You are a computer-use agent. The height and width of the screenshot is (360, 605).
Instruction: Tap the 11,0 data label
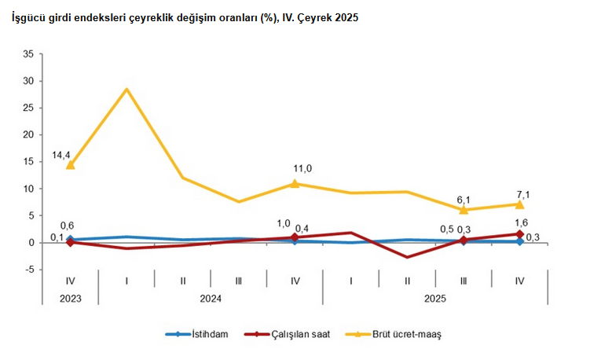pyautogui.click(x=303, y=168)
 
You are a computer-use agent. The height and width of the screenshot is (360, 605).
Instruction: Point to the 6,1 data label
pyautogui.click(x=463, y=200)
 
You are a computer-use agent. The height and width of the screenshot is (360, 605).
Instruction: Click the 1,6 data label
pyautogui.click(x=522, y=222)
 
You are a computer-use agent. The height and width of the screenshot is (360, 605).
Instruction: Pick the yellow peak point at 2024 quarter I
pyautogui.click(x=126, y=89)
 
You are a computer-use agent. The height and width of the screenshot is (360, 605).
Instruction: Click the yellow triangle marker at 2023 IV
pyautogui.click(x=71, y=165)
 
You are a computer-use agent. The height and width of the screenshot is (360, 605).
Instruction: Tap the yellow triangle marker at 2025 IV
pyautogui.click(x=519, y=204)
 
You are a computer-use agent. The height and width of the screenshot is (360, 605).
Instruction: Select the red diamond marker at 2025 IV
pyautogui.click(x=519, y=233)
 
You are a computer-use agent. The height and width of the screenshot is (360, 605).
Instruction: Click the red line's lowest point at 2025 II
pyautogui.click(x=407, y=257)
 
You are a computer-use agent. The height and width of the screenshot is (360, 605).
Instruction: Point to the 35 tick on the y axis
pyautogui.click(x=29, y=53)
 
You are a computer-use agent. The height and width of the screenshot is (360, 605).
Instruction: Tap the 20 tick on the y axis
pyautogui.click(x=29, y=134)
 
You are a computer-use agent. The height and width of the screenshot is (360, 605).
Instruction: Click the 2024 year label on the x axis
pyautogui.click(x=211, y=298)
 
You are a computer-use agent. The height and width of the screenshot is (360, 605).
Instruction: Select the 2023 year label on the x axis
pyautogui.click(x=71, y=298)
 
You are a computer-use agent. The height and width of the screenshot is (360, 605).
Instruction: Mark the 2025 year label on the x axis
pyautogui.click(x=435, y=298)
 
